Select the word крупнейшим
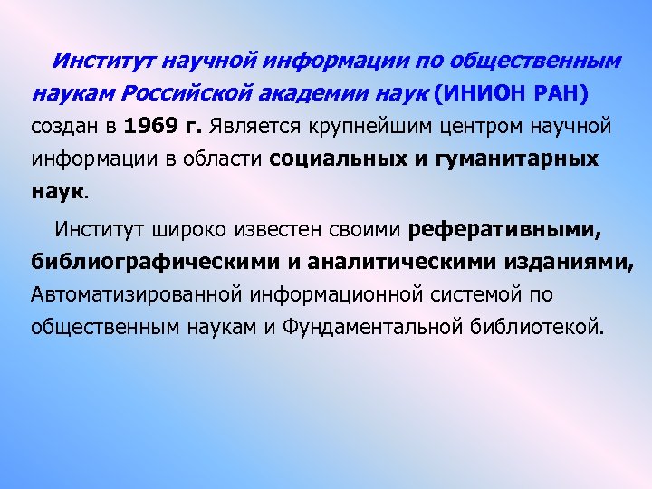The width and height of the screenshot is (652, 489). tap(376, 126)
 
